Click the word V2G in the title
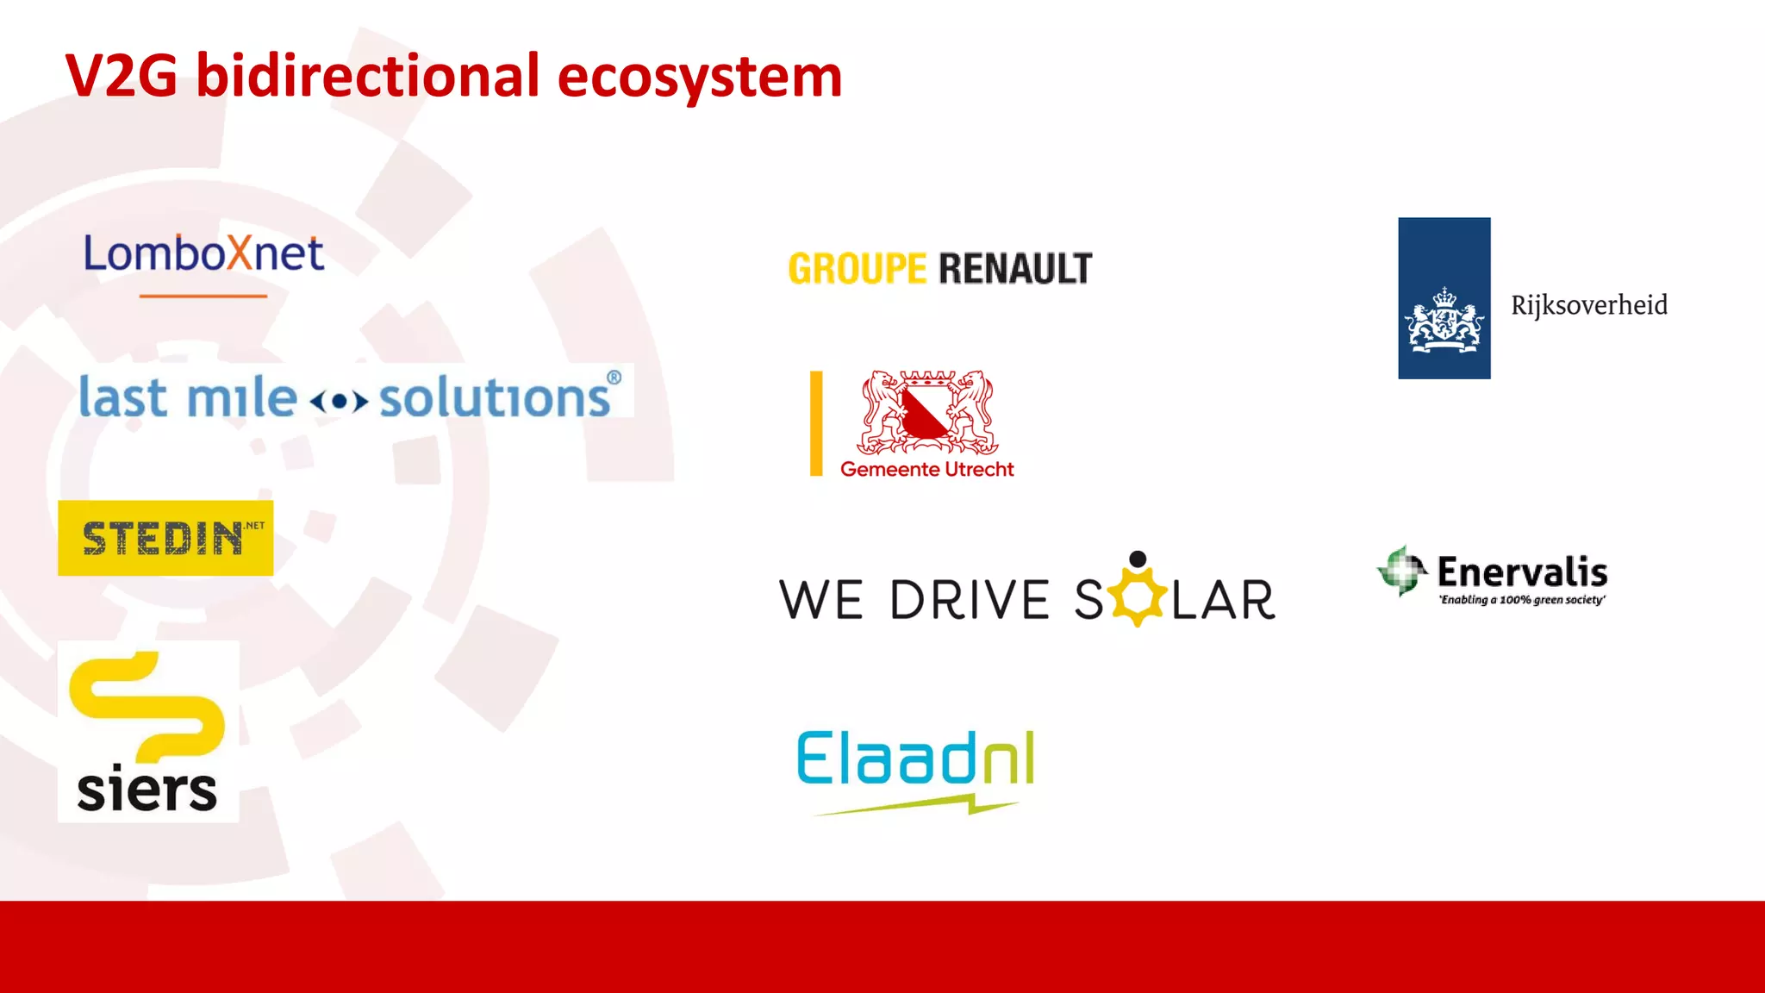[x=121, y=77]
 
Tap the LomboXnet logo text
[x=203, y=254]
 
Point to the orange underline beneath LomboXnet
[x=203, y=296]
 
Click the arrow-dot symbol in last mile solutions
[x=339, y=401]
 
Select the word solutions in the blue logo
[x=495, y=398]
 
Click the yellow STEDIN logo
[x=165, y=538]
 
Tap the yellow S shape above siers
[x=146, y=703]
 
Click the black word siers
[x=147, y=790]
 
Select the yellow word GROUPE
[x=857, y=269]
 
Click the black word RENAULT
[x=1015, y=269]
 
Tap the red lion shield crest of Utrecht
[x=927, y=412]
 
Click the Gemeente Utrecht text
[x=927, y=470]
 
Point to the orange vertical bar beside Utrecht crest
[x=816, y=423]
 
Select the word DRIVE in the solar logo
[x=969, y=600]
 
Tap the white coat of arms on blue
[x=1444, y=322]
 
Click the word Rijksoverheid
[x=1589, y=305]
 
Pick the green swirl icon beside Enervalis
[x=1401, y=570]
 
